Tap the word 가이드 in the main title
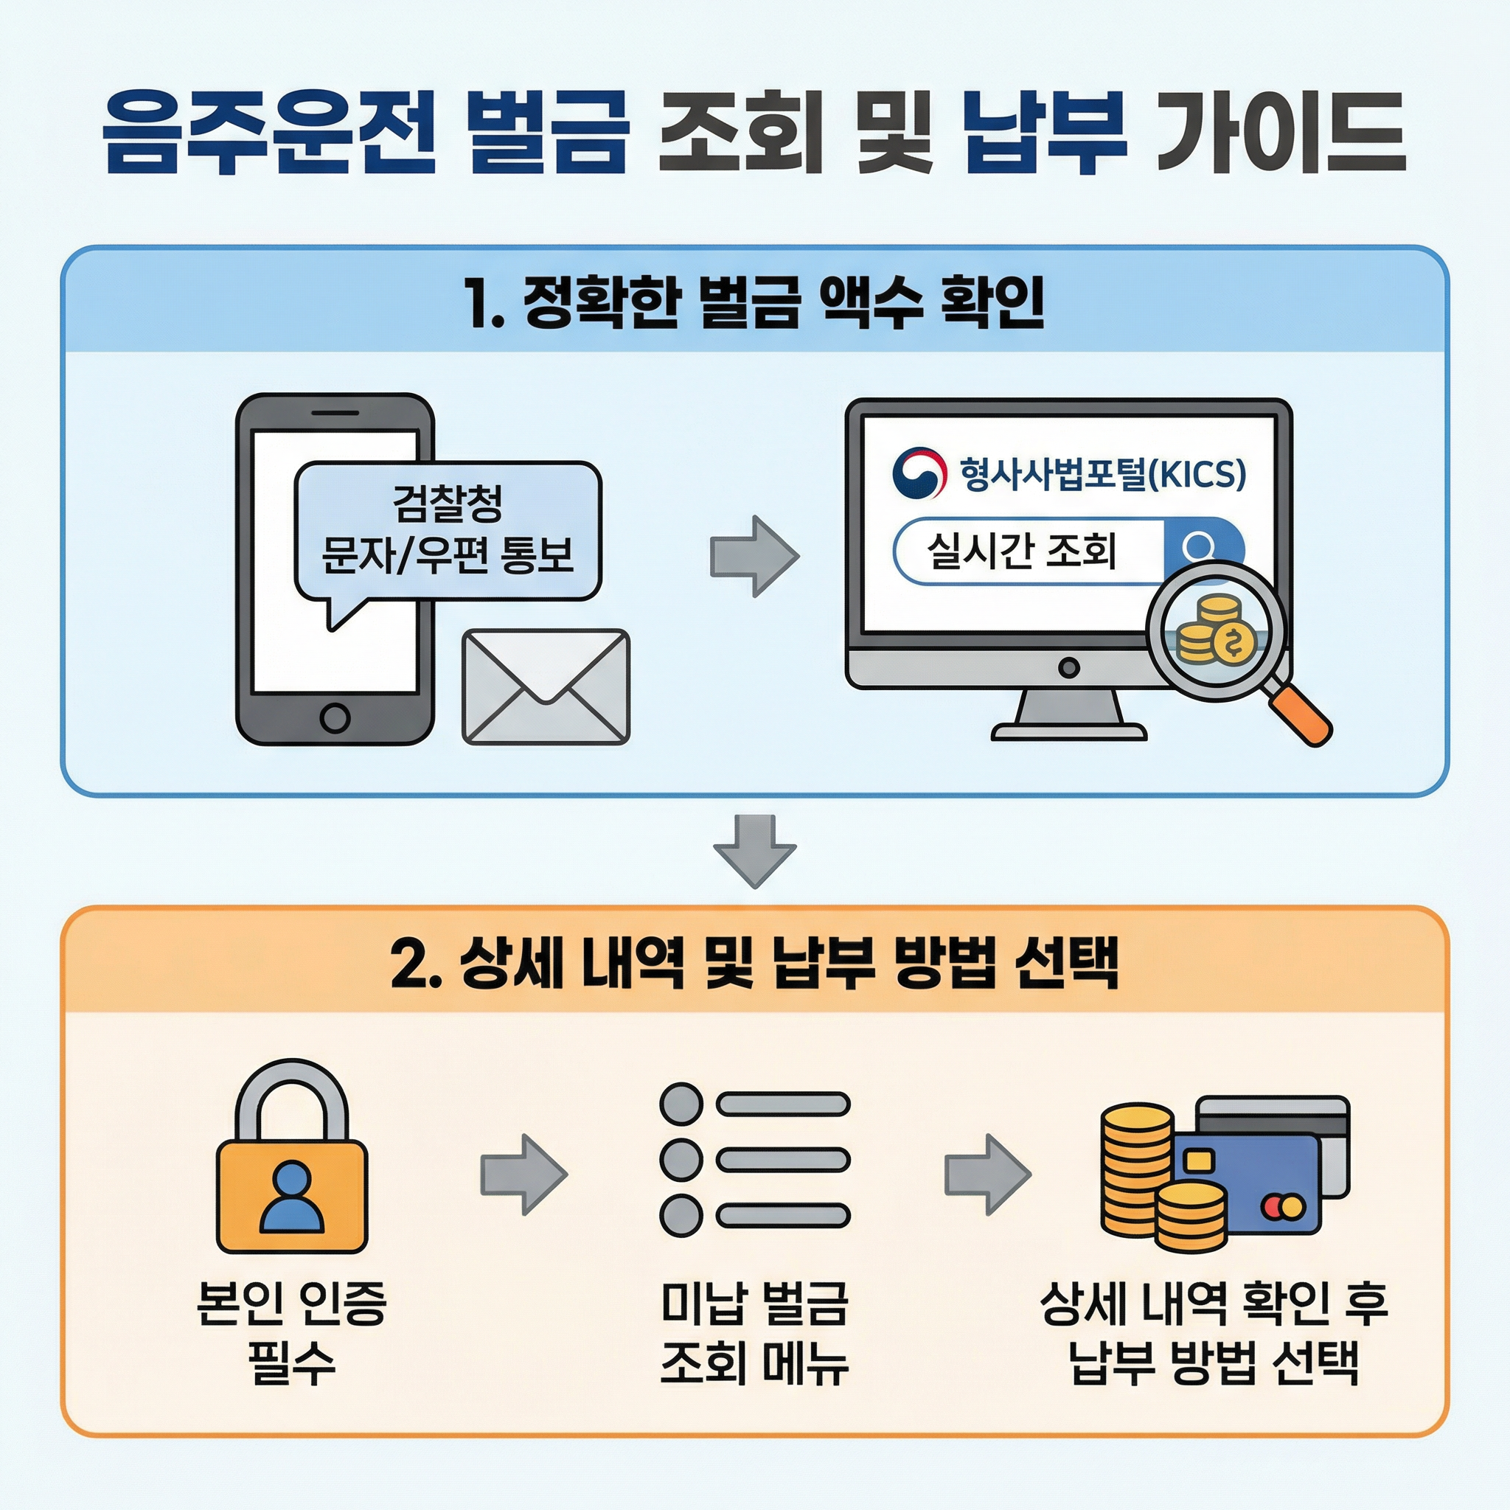[1281, 132]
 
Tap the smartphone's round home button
[335, 716]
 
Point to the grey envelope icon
[546, 687]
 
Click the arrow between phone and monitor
[754, 557]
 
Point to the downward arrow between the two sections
[754, 851]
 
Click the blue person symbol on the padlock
[291, 1197]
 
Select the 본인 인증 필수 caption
[291, 1333]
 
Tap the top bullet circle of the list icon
[681, 1104]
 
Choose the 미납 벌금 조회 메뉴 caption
[754, 1333]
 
